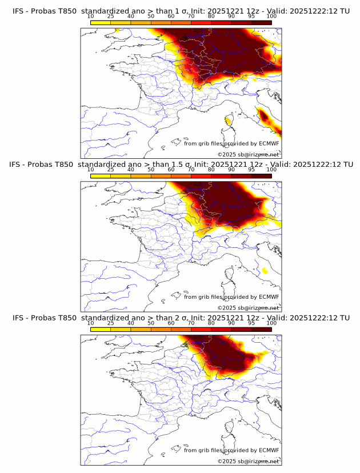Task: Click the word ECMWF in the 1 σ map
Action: coord(269,143)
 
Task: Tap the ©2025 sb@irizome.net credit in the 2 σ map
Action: coord(248,461)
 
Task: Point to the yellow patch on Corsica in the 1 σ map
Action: coord(229,121)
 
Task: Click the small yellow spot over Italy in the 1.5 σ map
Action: coord(264,271)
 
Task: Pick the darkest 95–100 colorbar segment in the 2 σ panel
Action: coord(261,329)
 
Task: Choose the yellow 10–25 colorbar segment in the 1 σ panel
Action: coord(101,22)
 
